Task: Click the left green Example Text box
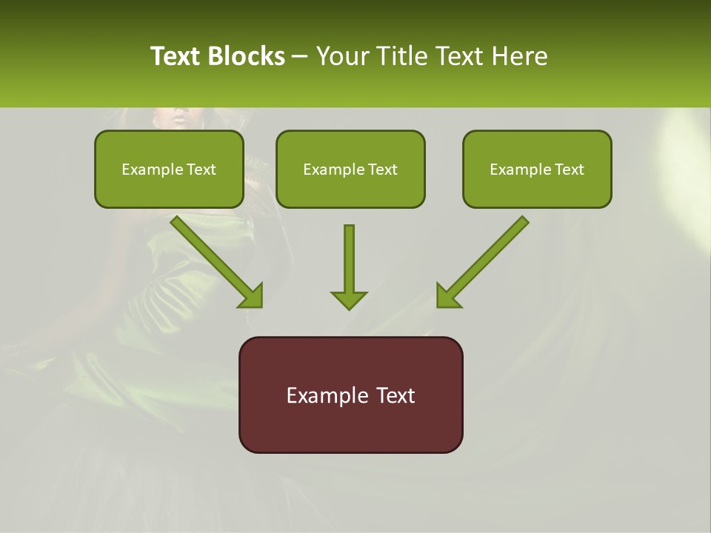[x=169, y=169]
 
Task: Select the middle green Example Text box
[x=350, y=169]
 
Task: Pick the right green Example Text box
[x=537, y=169]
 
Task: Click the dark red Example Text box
[x=350, y=395]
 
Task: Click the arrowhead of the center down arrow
[x=349, y=300]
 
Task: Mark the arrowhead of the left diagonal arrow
[x=252, y=296]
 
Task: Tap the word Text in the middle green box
[x=382, y=170]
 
